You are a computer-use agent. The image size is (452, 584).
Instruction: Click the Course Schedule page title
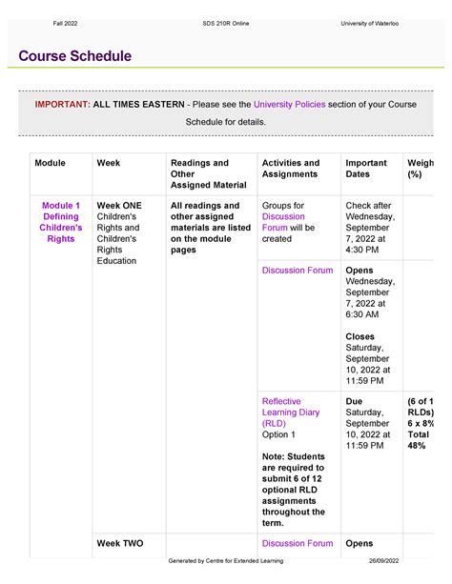[74, 56]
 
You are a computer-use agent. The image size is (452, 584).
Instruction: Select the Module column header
[51, 163]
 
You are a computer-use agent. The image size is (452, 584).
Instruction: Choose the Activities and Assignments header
[290, 169]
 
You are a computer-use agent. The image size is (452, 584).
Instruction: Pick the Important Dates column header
[366, 169]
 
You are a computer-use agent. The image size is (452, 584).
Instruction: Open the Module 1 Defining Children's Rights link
[61, 222]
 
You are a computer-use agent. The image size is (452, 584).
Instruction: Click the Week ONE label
[119, 206]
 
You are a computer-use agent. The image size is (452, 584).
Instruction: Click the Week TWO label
[120, 543]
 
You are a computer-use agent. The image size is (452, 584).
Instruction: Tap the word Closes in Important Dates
[360, 336]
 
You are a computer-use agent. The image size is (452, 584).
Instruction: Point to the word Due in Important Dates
[355, 401]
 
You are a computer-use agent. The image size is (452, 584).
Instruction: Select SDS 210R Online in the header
[226, 22]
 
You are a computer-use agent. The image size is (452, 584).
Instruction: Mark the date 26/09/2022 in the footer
[388, 573]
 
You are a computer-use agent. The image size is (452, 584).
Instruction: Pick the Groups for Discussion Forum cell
[289, 222]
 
